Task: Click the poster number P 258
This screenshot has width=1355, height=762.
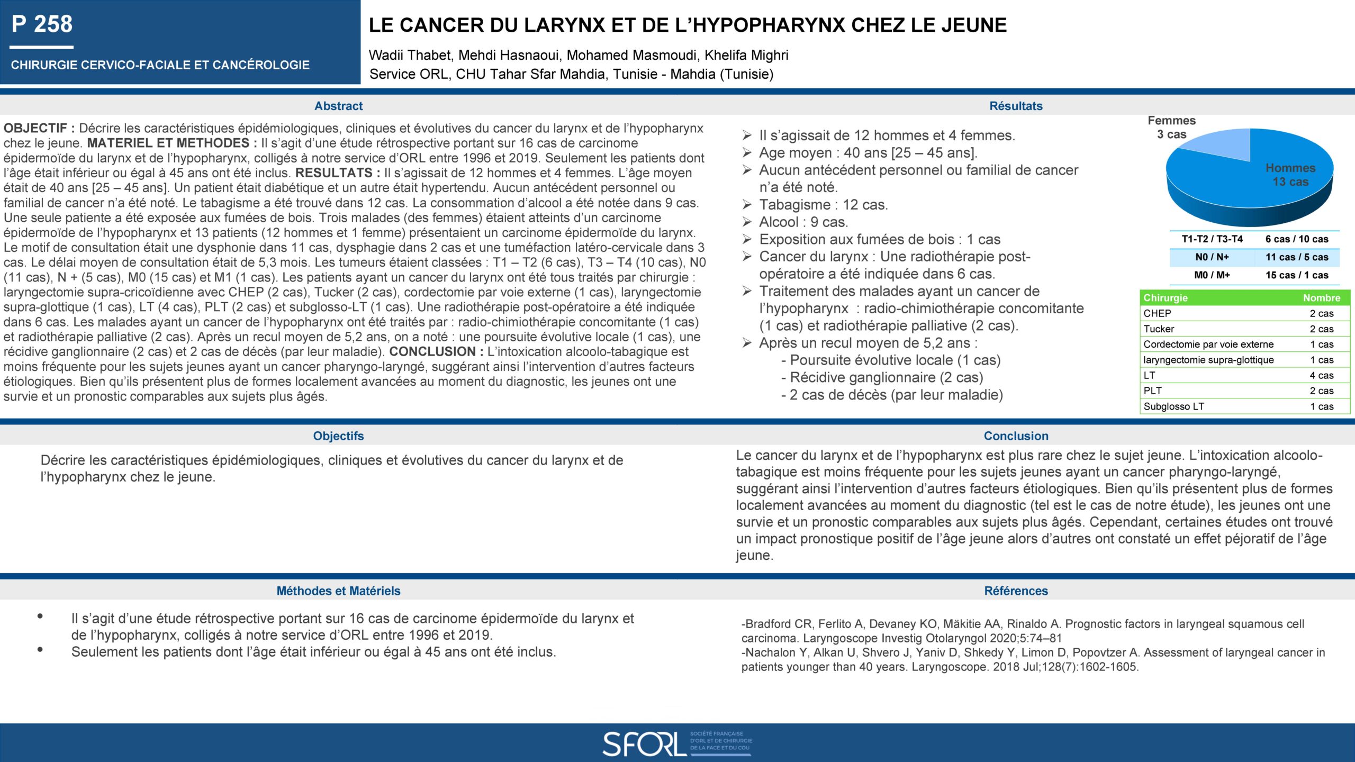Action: pyautogui.click(x=42, y=24)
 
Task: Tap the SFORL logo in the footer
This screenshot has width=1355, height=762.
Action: pyautogui.click(x=677, y=743)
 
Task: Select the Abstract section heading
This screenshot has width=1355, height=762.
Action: pyautogui.click(x=338, y=106)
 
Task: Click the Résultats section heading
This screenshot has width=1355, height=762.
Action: pyautogui.click(x=1016, y=106)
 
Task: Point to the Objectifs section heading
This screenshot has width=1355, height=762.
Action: pyautogui.click(x=338, y=436)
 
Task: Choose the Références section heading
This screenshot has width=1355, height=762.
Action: pyautogui.click(x=1016, y=591)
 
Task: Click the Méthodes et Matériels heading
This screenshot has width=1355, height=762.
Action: pyautogui.click(x=338, y=591)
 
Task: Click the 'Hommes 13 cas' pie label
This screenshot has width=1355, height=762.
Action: pyautogui.click(x=1290, y=175)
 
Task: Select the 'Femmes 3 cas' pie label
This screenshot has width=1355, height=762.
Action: pyautogui.click(x=1171, y=128)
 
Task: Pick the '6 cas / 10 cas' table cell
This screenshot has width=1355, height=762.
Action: pyautogui.click(x=1297, y=239)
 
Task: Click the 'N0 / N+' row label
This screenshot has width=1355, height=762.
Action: pyautogui.click(x=1212, y=257)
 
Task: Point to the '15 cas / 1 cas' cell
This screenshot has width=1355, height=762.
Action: pyautogui.click(x=1297, y=275)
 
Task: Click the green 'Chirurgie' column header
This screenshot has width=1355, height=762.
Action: pyautogui.click(x=1166, y=298)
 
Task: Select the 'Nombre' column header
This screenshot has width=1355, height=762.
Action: pyautogui.click(x=1321, y=298)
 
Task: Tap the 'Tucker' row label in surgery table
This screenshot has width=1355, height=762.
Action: pyautogui.click(x=1159, y=329)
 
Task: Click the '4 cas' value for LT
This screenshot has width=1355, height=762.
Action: pyautogui.click(x=1322, y=376)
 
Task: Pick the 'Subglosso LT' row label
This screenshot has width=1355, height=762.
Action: pyautogui.click(x=1173, y=406)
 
